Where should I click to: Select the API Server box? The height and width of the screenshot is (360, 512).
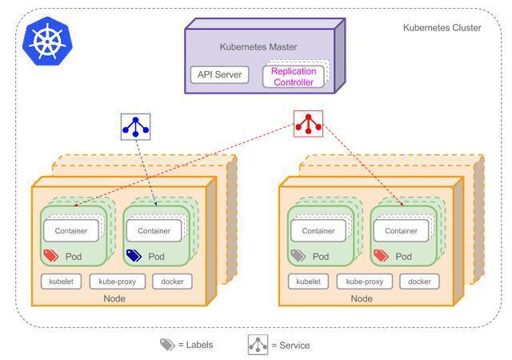click(x=220, y=75)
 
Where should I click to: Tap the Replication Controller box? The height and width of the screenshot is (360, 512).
click(x=294, y=77)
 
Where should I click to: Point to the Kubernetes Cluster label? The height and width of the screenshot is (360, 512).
click(x=442, y=28)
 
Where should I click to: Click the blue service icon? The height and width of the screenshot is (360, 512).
click(x=135, y=126)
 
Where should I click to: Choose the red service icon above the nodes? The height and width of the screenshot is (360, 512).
click(x=308, y=124)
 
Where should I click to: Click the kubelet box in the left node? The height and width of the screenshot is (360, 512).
click(x=62, y=282)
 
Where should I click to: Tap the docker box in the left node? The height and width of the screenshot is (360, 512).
click(x=172, y=282)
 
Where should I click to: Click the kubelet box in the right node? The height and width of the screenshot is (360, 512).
click(x=308, y=282)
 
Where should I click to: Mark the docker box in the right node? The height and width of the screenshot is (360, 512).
click(x=419, y=282)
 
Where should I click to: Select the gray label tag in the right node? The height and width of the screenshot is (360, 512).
click(x=298, y=256)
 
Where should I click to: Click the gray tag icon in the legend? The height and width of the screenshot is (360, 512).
click(x=167, y=345)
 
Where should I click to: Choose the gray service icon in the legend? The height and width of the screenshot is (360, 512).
click(x=258, y=345)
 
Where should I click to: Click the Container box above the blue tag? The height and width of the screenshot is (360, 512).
click(x=154, y=230)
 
